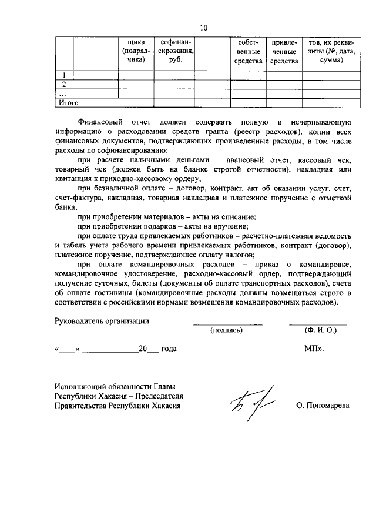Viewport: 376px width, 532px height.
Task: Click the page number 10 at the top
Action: coord(204,28)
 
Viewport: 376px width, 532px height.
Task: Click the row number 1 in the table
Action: coord(64,75)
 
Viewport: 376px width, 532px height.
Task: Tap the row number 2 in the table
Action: coord(64,84)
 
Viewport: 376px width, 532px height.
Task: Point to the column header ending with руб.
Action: coord(174,51)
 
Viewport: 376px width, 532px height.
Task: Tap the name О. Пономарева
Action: coord(323,406)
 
